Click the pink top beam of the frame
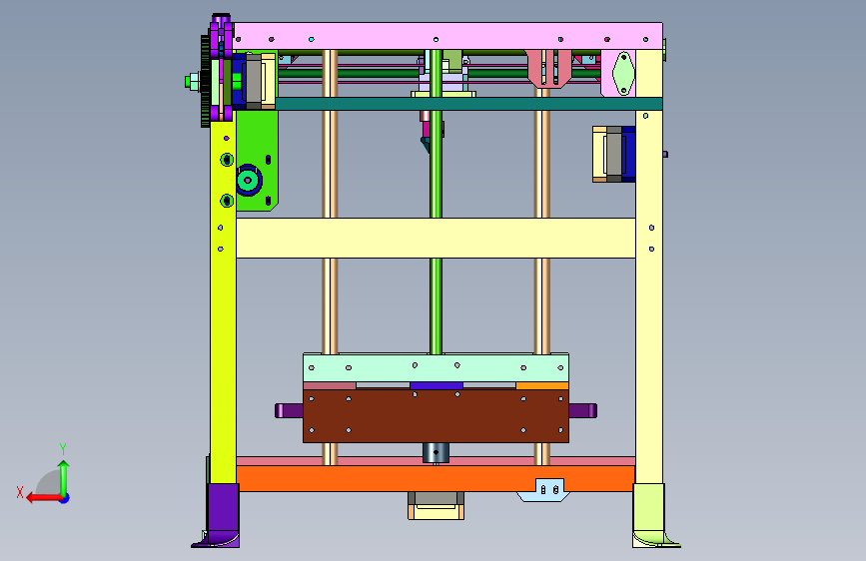pyautogui.click(x=447, y=36)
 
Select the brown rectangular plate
pyautogui.click(x=435, y=416)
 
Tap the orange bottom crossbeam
pyautogui.click(x=435, y=478)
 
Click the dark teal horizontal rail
pyautogui.click(x=468, y=104)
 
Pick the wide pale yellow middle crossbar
pyautogui.click(x=435, y=238)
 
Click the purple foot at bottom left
pyautogui.click(x=218, y=516)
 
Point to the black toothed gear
pyautogui.click(x=206, y=81)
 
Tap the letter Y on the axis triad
pyautogui.click(x=63, y=449)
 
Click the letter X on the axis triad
pyautogui.click(x=20, y=492)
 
